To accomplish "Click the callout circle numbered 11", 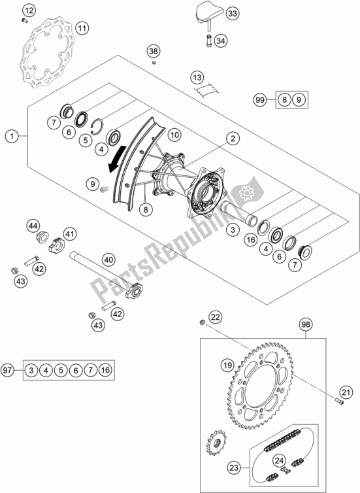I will click(x=82, y=28).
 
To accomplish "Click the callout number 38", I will click(x=153, y=51).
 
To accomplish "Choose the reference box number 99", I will click(x=260, y=100).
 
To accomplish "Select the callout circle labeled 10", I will click(x=173, y=135).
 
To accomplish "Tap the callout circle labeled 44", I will click(x=33, y=226).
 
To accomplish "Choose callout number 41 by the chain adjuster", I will click(x=69, y=232).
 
